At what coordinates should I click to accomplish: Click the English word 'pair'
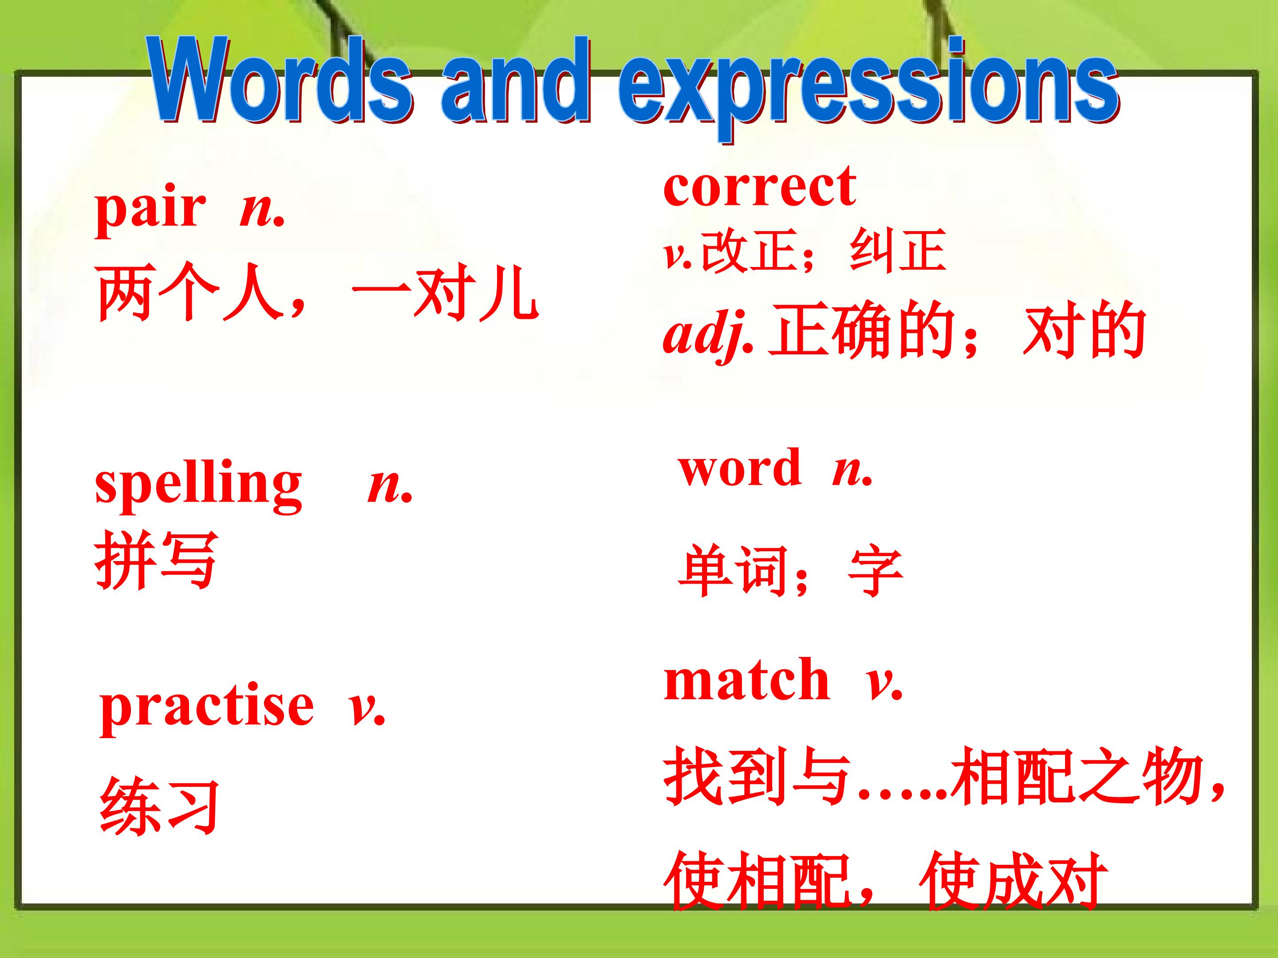[150, 210]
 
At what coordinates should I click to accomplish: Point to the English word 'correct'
[760, 186]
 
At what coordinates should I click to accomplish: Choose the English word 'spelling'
[198, 487]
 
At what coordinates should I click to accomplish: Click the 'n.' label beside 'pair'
[262, 212]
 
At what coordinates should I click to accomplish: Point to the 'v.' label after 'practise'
[366, 709]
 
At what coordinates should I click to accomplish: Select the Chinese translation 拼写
[155, 560]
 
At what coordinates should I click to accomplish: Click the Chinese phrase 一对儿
[446, 293]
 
